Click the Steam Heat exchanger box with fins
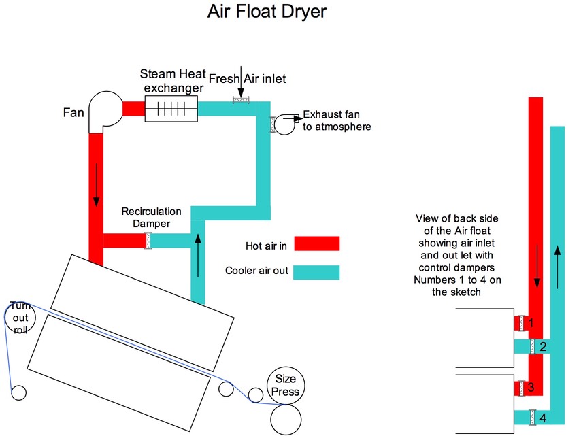point(171,109)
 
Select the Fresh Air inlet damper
point(241,100)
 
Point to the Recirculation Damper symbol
point(147,240)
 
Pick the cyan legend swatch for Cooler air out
point(317,271)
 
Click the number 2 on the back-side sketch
point(542,347)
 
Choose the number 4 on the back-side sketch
point(542,416)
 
